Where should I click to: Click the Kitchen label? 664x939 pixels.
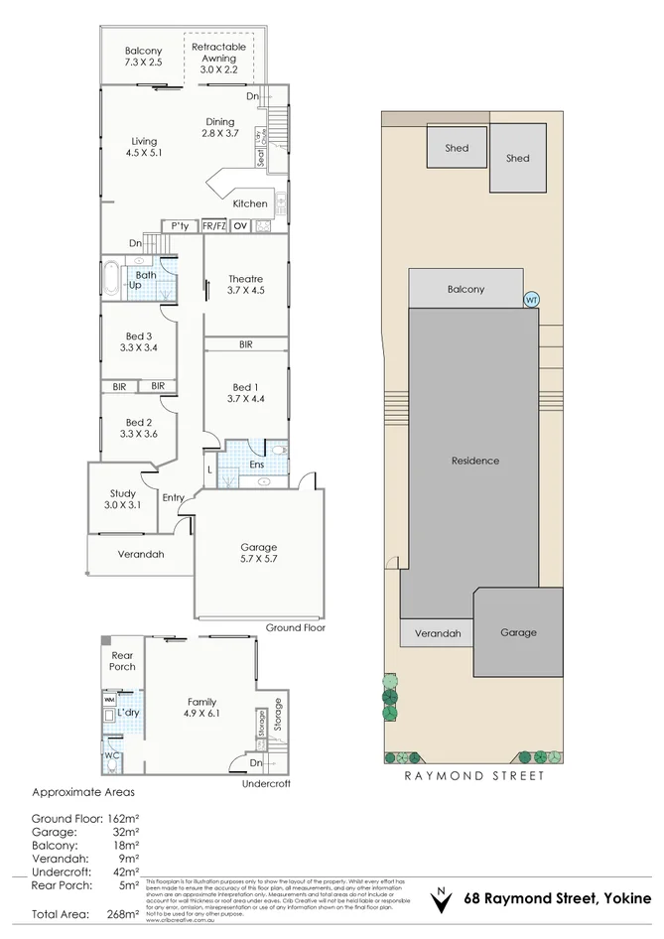click(x=249, y=203)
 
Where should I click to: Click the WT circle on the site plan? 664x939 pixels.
click(x=531, y=298)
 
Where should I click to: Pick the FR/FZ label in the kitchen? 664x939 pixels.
click(x=214, y=226)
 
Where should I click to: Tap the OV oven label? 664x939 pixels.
click(x=239, y=226)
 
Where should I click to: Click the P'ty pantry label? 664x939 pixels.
click(x=180, y=226)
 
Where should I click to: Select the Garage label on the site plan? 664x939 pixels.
click(x=518, y=632)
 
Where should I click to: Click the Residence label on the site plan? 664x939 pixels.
click(x=474, y=461)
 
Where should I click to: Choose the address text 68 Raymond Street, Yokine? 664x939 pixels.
click(x=559, y=899)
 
